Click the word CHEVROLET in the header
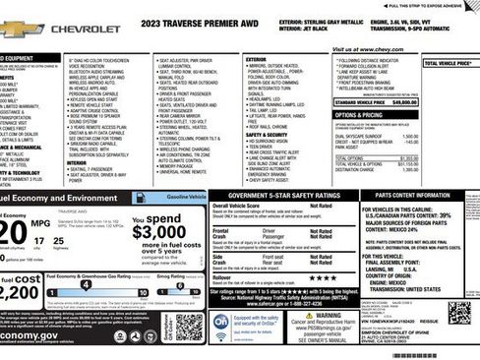point(86,30)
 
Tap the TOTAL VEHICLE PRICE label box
point(450,63)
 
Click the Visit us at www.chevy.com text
point(367,48)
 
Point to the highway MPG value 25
point(63,240)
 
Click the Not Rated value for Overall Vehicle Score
point(321,205)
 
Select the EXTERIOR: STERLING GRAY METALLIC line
point(322,20)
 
